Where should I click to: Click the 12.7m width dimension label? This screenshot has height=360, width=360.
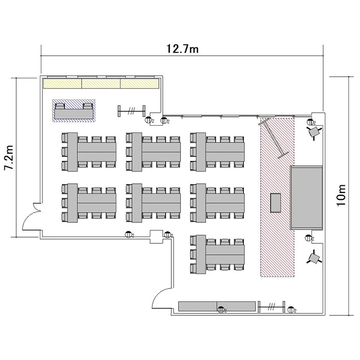pos(182,49)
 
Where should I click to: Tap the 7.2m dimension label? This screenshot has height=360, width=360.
pos(10,157)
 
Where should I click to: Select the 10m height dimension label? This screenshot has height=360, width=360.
pos(341,195)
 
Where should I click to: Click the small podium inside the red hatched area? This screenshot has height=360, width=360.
pos(276,203)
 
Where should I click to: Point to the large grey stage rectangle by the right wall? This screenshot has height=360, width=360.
pos(307,197)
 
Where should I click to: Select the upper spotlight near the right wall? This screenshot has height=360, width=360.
pos(314,132)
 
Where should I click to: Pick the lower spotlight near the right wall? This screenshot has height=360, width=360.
pos(314,258)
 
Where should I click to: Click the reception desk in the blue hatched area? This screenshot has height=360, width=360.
pos(74,111)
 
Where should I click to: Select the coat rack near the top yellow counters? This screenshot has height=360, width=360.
pos(132,111)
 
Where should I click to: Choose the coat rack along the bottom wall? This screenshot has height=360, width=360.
pos(271,307)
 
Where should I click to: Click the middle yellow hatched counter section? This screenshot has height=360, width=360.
pos(101,84)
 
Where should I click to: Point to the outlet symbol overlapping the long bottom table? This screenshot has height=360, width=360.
pos(221,310)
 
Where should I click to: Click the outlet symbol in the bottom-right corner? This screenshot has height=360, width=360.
pos(291,310)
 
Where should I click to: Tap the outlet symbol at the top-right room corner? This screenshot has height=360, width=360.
pos(311,122)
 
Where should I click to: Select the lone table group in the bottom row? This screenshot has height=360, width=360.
pos(217,254)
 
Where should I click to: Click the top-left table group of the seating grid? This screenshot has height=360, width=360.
pos(89,152)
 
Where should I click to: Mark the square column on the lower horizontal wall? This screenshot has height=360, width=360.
pos(156,237)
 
